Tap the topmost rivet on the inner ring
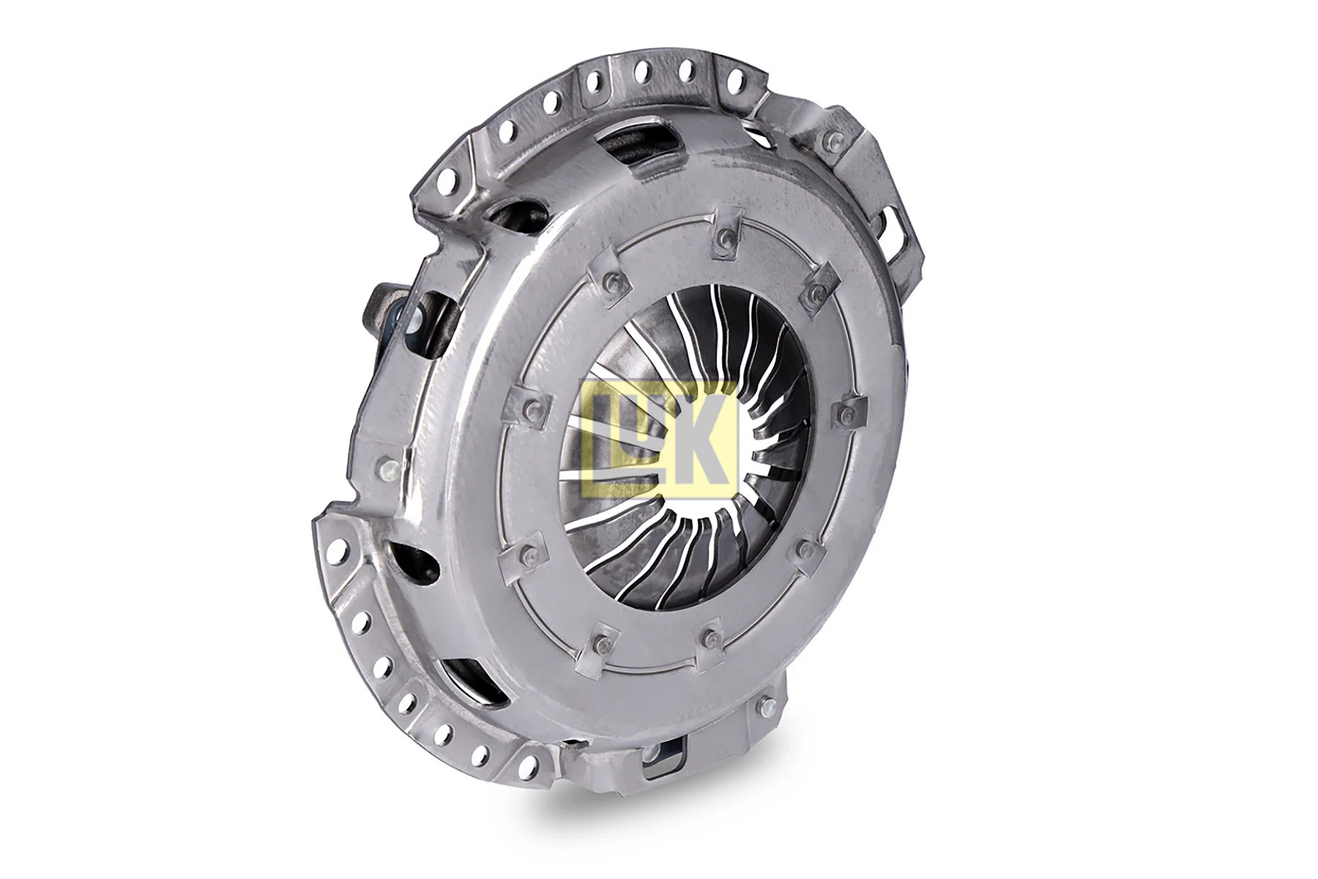point(724,236)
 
